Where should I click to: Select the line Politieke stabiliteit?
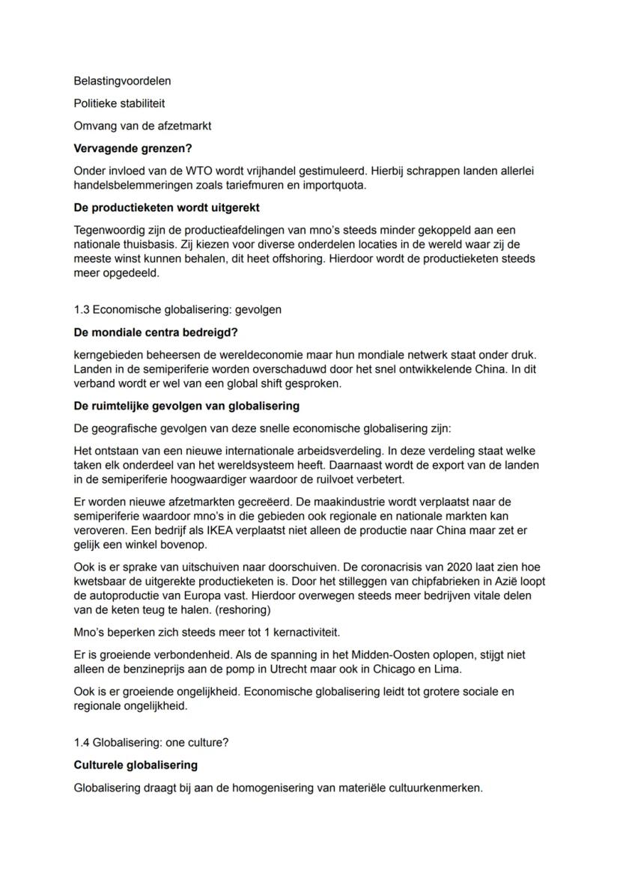coord(119,103)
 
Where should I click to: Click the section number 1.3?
coord(82,309)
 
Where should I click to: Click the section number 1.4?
coord(82,743)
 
